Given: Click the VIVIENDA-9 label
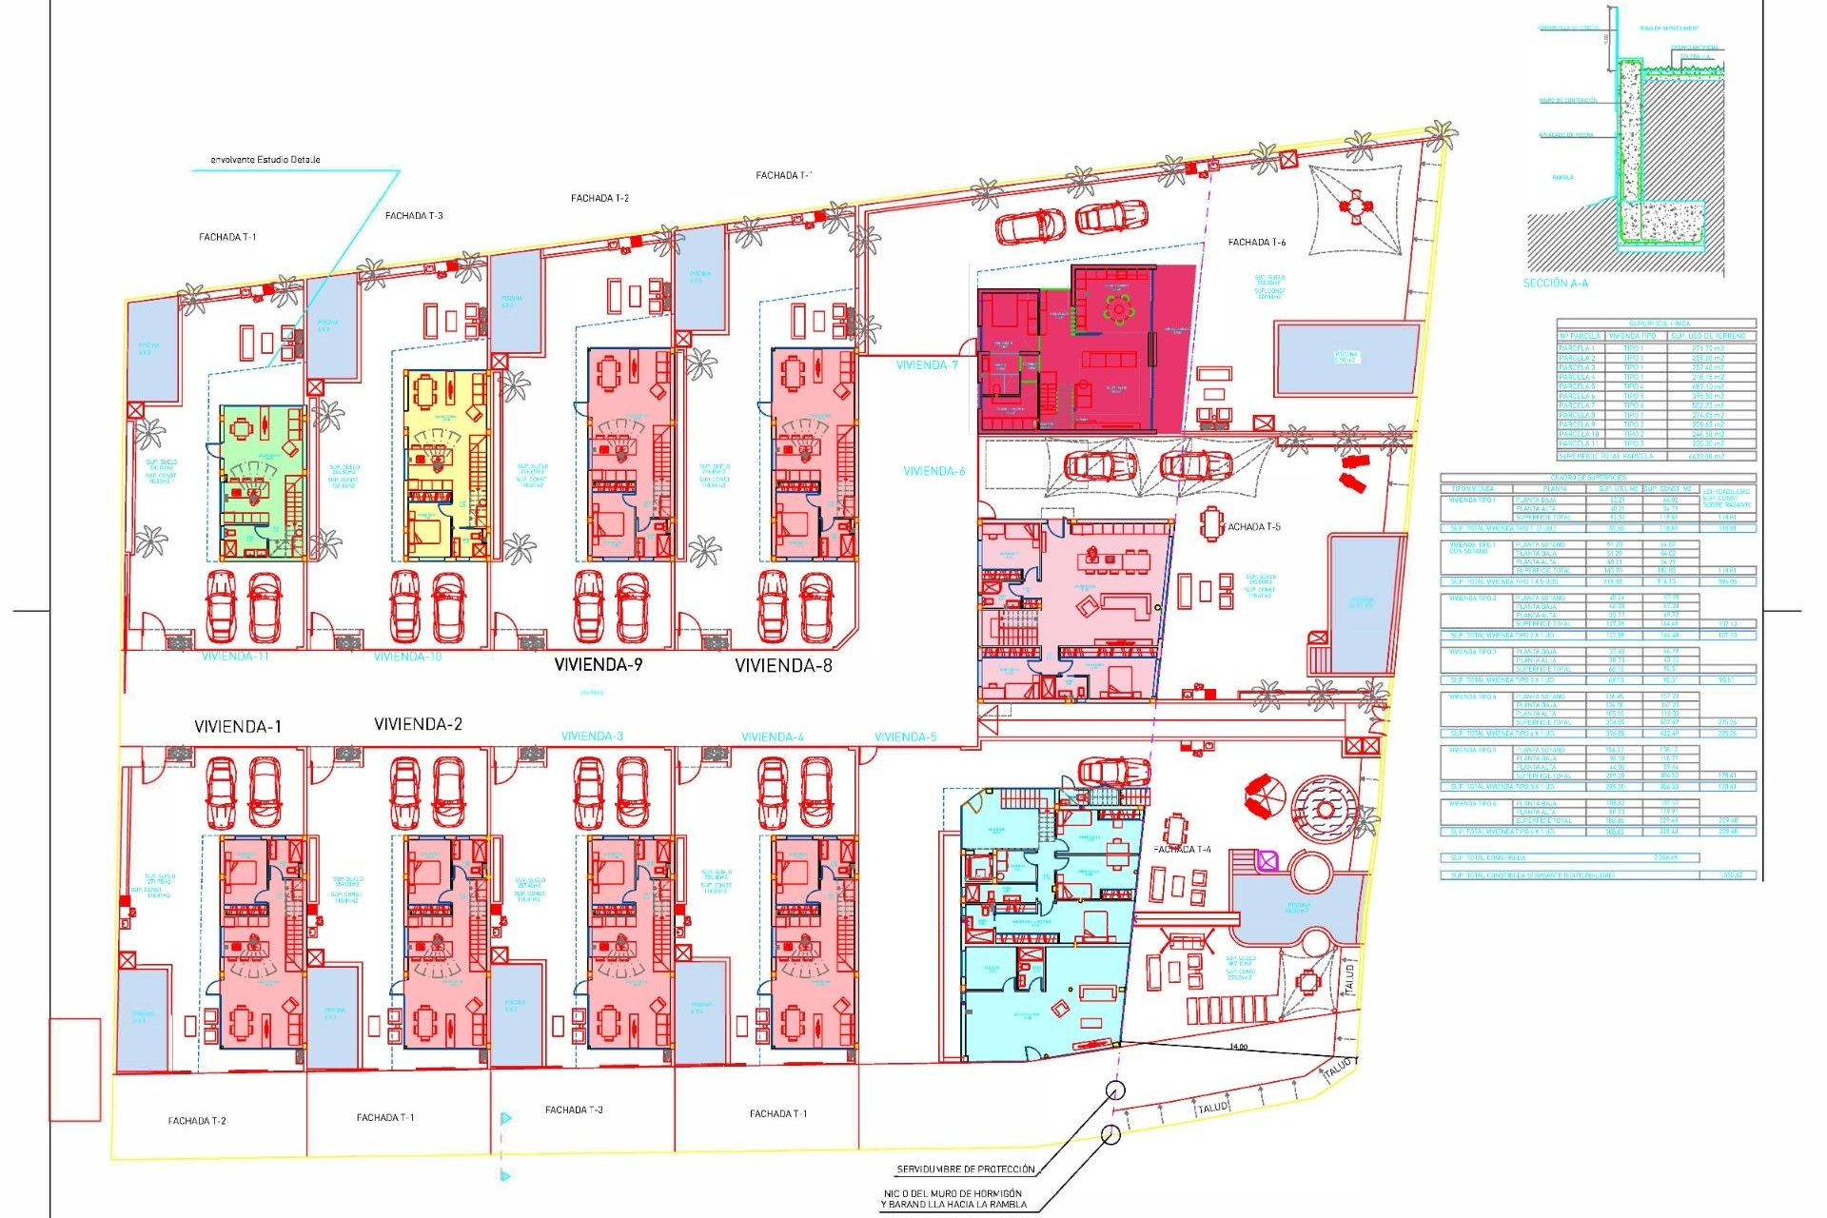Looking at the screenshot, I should click(598, 664).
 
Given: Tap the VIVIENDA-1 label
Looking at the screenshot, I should click(237, 726).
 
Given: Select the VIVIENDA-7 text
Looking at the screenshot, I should click(926, 365).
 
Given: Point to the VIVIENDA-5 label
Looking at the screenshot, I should click(905, 737).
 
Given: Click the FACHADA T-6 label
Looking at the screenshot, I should click(1256, 243).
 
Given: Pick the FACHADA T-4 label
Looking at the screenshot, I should click(1182, 849).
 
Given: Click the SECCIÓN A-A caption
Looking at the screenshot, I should click(1555, 284).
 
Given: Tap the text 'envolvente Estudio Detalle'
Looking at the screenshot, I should click(265, 160).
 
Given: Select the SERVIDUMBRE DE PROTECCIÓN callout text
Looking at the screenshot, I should click(965, 1169).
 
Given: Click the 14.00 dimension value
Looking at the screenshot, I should click(1237, 1047).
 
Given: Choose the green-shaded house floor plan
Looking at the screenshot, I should click(262, 482).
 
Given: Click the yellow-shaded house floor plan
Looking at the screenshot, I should click(445, 464).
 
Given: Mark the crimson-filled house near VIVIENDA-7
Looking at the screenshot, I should click(1085, 350).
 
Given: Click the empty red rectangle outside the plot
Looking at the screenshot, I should click(74, 1070).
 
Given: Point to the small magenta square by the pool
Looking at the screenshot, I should click(1267, 861).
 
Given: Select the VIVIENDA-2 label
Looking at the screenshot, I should click(418, 724).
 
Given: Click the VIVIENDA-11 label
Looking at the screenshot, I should click(235, 657).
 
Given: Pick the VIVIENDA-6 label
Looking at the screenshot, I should click(933, 471).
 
